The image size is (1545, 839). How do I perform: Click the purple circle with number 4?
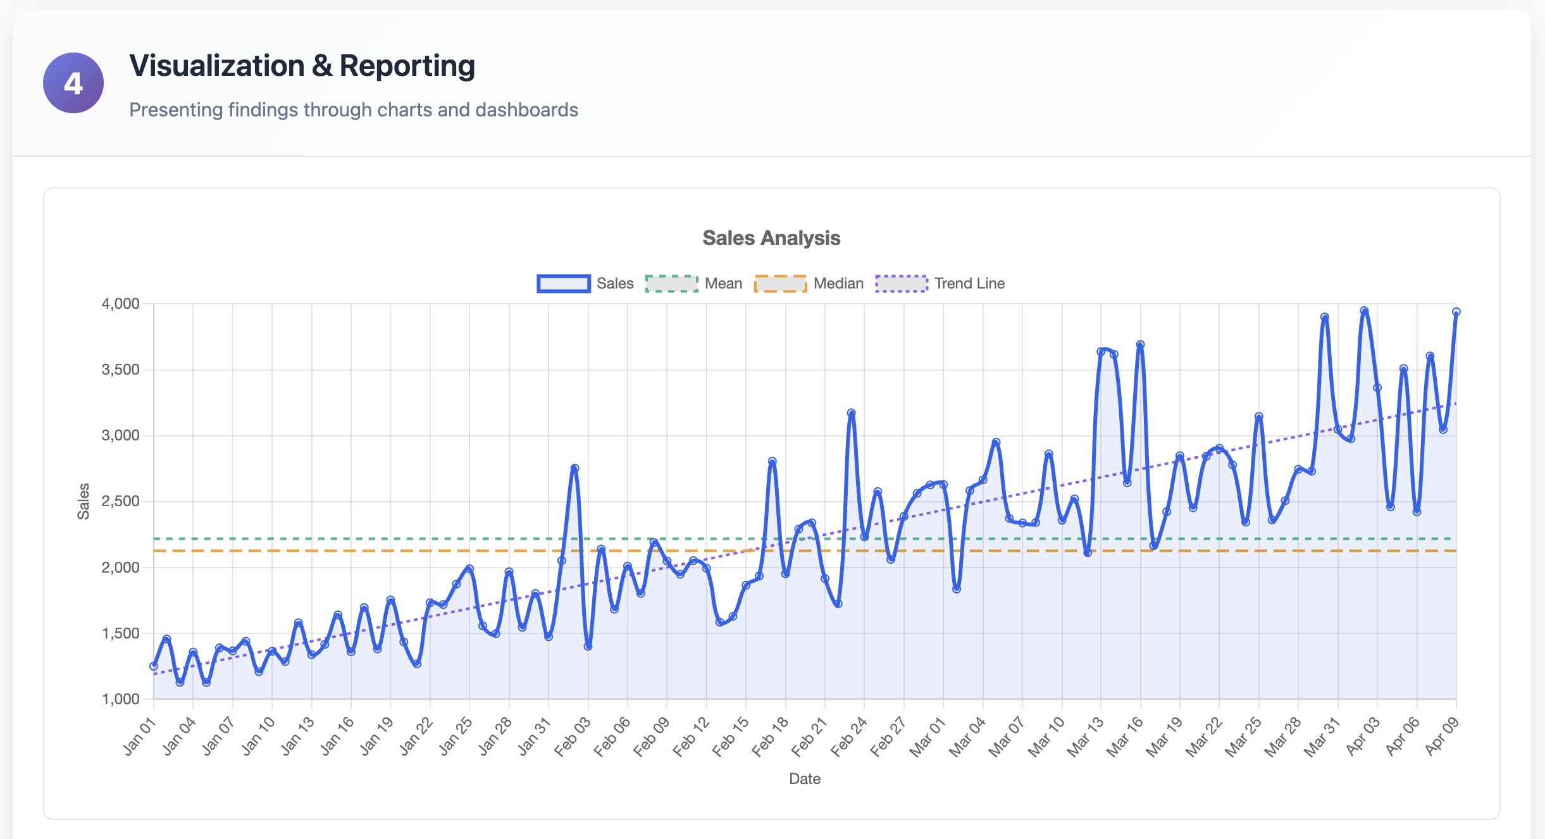click(x=73, y=83)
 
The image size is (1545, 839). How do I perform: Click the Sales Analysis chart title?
click(x=771, y=238)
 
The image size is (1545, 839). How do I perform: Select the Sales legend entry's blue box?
click(x=563, y=283)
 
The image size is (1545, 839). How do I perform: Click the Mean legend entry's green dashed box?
click(x=671, y=283)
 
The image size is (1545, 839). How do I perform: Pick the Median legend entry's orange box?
click(x=780, y=283)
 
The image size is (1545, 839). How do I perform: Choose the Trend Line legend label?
click(x=969, y=283)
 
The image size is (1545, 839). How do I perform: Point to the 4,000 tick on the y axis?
click(x=120, y=304)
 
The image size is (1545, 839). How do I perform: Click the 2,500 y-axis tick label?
click(x=120, y=502)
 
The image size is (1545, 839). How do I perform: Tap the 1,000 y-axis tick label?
click(x=120, y=699)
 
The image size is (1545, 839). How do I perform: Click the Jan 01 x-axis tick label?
click(x=139, y=736)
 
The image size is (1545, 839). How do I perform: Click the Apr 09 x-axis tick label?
click(x=1442, y=736)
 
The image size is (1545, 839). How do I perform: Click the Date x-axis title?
click(x=804, y=779)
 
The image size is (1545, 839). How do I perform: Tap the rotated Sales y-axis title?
click(x=84, y=501)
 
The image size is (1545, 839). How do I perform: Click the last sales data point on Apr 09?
click(x=1456, y=312)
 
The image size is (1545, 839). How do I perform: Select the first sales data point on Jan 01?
click(x=154, y=666)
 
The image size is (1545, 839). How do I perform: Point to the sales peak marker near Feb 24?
click(x=851, y=413)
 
